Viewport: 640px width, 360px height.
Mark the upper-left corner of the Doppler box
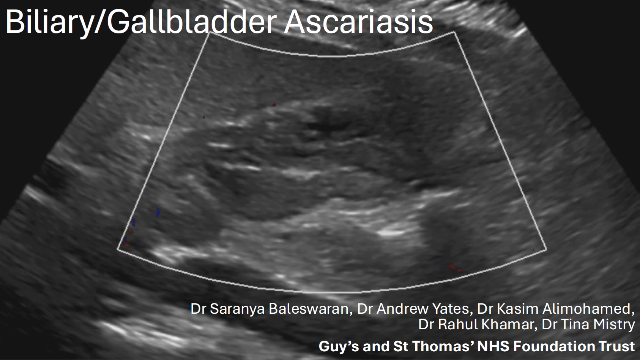210,33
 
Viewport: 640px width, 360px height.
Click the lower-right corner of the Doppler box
546,250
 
